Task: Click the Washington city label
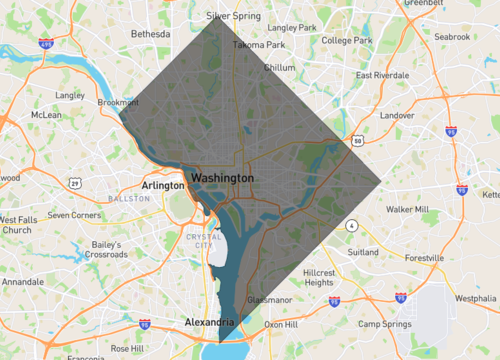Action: click(222, 177)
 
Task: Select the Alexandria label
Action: click(209, 322)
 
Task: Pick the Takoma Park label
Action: click(258, 45)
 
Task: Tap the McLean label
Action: click(47, 115)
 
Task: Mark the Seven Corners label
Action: click(74, 214)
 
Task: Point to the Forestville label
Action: click(425, 257)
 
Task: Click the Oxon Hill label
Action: click(282, 325)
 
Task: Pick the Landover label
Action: click(396, 115)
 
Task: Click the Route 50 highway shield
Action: click(358, 141)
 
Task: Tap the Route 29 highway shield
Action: click(75, 183)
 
